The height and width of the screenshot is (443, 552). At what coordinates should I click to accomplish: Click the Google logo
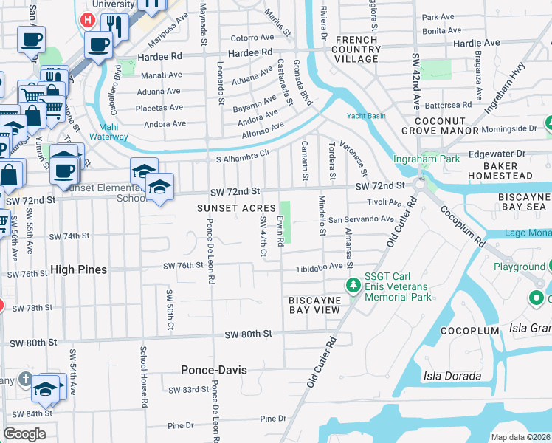point(24,434)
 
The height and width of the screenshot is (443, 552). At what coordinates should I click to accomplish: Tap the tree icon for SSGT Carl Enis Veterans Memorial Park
point(354,285)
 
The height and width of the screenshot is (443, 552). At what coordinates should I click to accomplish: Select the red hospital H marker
point(89,20)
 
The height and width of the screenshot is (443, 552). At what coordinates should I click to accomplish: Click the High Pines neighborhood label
point(78,270)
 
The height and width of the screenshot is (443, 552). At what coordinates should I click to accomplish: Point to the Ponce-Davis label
point(213,369)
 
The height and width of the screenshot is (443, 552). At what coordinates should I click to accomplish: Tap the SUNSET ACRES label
point(236,208)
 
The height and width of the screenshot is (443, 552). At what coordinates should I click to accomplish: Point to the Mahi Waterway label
point(108,131)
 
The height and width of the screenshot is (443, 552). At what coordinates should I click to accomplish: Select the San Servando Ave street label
point(361,219)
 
